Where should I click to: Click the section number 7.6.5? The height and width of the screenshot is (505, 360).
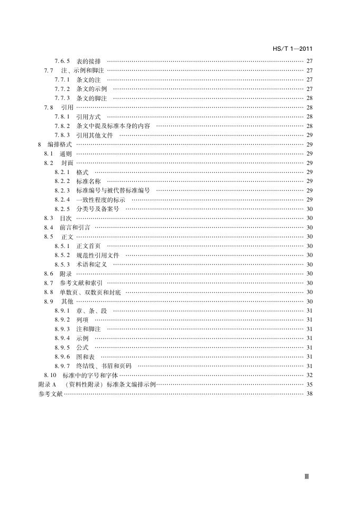tap(62, 61)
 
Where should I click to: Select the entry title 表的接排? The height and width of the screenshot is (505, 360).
tap(89, 61)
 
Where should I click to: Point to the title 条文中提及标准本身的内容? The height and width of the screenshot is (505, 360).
tap(113, 126)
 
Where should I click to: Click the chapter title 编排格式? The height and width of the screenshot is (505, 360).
tap(59, 144)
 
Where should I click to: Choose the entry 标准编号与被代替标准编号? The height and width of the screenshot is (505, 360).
tap(113, 190)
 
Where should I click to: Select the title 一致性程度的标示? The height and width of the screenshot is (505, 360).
tap(101, 200)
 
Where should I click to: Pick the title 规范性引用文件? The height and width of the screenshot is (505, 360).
tap(98, 255)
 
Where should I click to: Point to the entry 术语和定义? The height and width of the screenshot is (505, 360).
tap(92, 264)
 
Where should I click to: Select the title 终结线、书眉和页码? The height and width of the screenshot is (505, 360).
tap(104, 366)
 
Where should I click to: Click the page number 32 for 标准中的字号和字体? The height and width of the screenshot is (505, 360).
tap(309, 375)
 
